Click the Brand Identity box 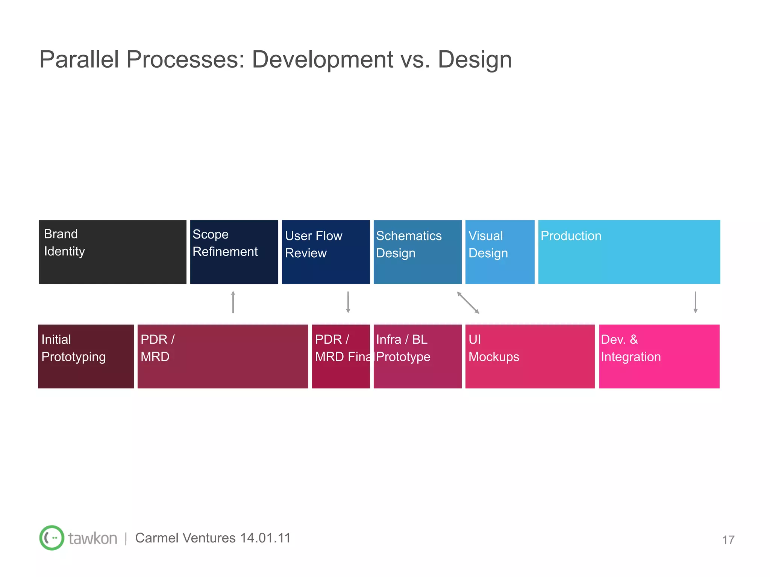(113, 252)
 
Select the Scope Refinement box (234, 252)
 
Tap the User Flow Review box (326, 252)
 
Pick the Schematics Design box (417, 252)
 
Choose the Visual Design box (500, 252)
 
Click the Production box (629, 252)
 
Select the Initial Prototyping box (86, 356)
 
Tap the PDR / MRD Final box (341, 356)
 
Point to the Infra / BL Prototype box (417, 356)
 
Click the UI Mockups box (530, 356)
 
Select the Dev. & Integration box (659, 356)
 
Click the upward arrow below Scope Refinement (233, 302)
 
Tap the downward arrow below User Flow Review (348, 302)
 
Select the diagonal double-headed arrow (468, 303)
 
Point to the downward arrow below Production (696, 302)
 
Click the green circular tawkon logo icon (52, 538)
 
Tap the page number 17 (728, 540)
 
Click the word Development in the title (322, 59)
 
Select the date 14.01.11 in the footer (265, 538)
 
